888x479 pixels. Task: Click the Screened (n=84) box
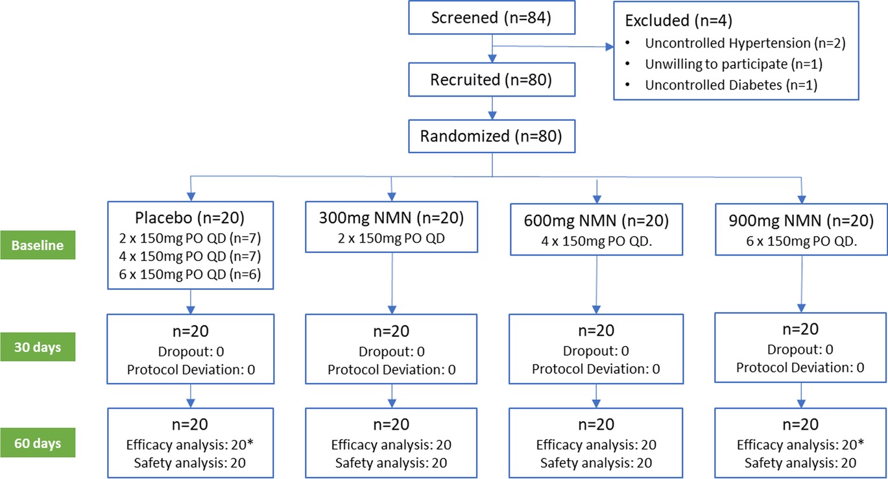point(491,18)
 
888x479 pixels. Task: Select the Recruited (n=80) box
point(491,81)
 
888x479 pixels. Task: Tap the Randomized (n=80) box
point(491,137)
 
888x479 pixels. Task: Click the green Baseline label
point(38,246)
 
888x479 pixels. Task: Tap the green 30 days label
point(38,347)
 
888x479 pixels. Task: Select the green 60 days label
point(38,443)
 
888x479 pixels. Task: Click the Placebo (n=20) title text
point(190,215)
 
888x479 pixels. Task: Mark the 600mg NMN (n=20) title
point(595,220)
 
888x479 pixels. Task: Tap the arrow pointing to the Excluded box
point(610,47)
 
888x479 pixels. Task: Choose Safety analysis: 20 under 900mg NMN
point(800,463)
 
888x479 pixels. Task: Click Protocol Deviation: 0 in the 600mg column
point(595,369)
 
